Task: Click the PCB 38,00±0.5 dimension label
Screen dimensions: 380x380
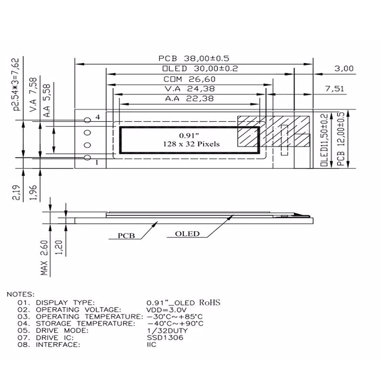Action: (x=194, y=58)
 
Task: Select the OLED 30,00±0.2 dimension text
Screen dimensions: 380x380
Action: (x=200, y=69)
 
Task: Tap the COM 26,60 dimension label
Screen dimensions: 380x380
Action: (x=190, y=79)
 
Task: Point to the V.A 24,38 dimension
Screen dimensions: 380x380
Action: (x=190, y=89)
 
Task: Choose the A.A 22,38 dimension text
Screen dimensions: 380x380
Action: (x=190, y=99)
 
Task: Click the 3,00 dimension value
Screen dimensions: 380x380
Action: (x=344, y=69)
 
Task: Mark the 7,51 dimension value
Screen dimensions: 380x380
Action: (x=335, y=89)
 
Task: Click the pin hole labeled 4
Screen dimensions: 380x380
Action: (x=87, y=120)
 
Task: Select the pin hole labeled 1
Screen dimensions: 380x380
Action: (x=87, y=158)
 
